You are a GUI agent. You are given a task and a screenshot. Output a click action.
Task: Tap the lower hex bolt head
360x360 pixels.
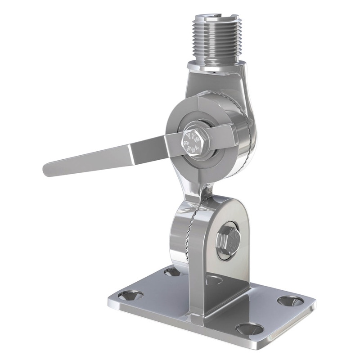pos(228,242)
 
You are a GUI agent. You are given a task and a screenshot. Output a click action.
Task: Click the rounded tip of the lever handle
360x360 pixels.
pos(48,170)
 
